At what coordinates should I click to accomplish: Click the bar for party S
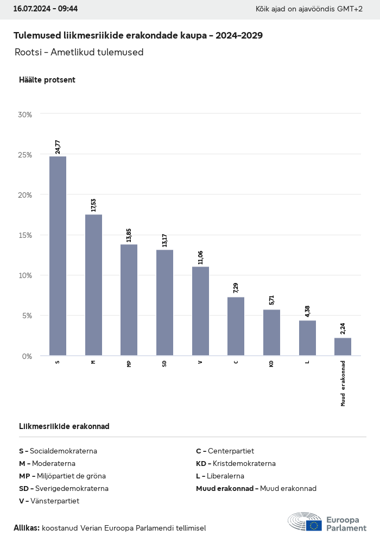pyautogui.click(x=58, y=256)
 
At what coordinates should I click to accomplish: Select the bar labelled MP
pyautogui.click(x=129, y=300)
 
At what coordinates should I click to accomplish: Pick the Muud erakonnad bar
pyautogui.click(x=343, y=346)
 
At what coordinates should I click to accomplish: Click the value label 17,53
pyautogui.click(x=93, y=205)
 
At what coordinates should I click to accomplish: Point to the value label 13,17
pyautogui.click(x=164, y=240)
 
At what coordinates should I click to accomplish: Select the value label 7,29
pyautogui.click(x=236, y=288)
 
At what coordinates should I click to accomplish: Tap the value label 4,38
pyautogui.click(x=307, y=311)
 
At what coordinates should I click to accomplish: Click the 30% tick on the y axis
pyautogui.click(x=25, y=115)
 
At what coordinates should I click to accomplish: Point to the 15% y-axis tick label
pyautogui.click(x=25, y=235)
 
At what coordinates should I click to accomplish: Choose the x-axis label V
pyautogui.click(x=200, y=362)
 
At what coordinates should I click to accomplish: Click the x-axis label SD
pyautogui.click(x=164, y=363)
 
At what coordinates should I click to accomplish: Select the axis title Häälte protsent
pyautogui.click(x=47, y=80)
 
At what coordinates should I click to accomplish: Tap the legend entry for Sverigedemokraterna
pyautogui.click(x=64, y=488)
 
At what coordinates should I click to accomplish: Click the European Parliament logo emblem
pyautogui.click(x=305, y=521)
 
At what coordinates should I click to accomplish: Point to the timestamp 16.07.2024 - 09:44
pyautogui.click(x=46, y=9)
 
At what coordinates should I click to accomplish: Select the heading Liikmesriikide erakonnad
pyautogui.click(x=64, y=426)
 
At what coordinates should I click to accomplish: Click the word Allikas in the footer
pyautogui.click(x=26, y=528)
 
